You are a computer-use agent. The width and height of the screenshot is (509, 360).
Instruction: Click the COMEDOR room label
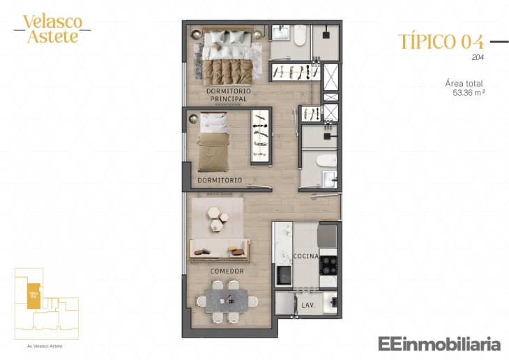(x=227, y=271)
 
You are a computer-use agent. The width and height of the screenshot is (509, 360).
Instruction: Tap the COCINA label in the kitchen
(x=305, y=256)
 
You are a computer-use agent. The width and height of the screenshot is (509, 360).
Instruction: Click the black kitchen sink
(x=284, y=276)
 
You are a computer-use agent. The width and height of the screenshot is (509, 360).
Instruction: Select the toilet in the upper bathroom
(x=301, y=36)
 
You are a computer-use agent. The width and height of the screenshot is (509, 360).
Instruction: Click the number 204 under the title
(x=478, y=57)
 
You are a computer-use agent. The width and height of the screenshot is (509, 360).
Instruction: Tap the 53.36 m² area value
(x=469, y=91)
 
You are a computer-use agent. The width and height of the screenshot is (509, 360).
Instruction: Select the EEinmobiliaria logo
(x=439, y=343)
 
